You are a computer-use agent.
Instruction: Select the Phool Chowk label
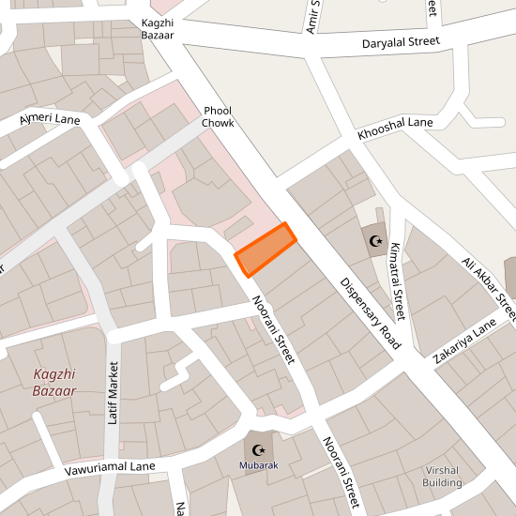pos(218,116)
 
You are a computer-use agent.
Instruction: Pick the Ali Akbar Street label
pos(489,286)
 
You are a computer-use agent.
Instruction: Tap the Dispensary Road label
pos(371,313)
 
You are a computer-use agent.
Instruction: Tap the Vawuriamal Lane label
pos(110,465)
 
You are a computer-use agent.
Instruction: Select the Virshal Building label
pos(443,476)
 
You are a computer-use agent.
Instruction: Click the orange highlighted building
pos(266,250)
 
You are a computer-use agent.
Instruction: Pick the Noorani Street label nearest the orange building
pos(274,330)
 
